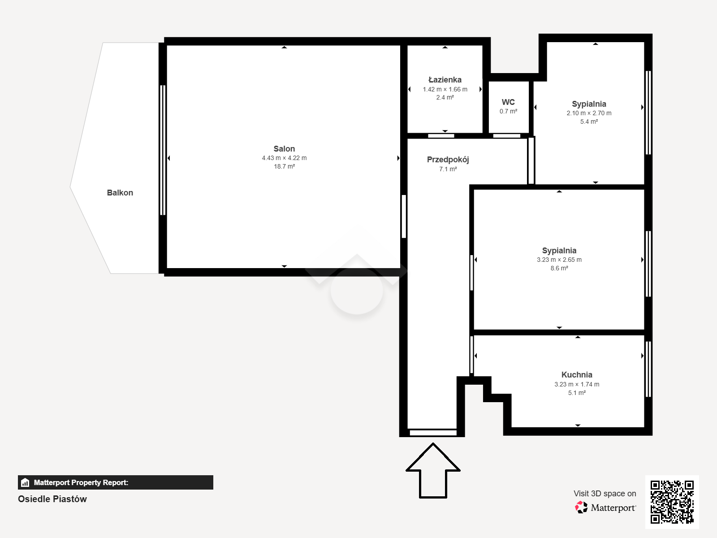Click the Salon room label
(284, 149)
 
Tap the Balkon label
(120, 193)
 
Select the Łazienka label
(445, 80)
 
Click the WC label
(508, 102)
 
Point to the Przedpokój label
(448, 160)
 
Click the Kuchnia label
(577, 375)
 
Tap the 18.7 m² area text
(284, 166)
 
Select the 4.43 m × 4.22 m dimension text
(284, 158)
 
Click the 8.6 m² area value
(559, 268)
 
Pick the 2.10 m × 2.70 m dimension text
(589, 113)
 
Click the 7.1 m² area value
(448, 169)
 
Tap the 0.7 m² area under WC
(508, 111)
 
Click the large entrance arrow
(433, 470)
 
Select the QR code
(672, 502)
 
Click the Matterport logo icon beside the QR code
(581, 508)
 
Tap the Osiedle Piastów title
(52, 499)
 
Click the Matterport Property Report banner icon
(25, 482)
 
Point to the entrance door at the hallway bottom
(433, 433)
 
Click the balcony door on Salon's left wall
(163, 150)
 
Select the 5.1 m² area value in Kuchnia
(577, 393)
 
